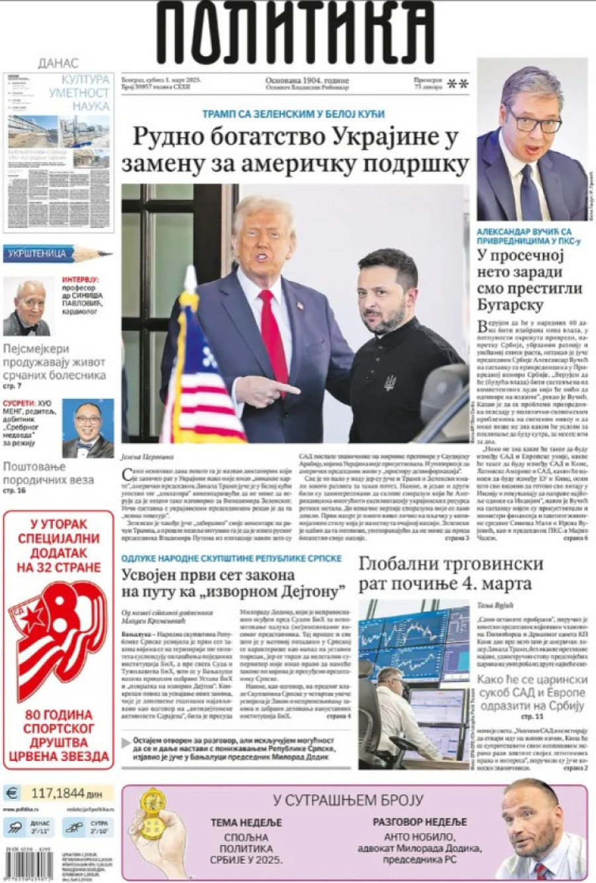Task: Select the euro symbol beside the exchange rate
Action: (12, 793)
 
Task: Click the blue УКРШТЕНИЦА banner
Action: (38, 254)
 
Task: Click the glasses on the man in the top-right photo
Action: (534, 122)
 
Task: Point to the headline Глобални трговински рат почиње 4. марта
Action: (450, 574)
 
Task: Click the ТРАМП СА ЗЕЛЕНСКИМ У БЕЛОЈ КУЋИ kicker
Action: (293, 114)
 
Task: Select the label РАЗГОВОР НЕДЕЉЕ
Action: (420, 822)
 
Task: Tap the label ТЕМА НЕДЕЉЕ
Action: (246, 823)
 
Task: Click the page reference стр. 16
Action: (14, 491)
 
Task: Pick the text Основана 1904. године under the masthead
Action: (307, 80)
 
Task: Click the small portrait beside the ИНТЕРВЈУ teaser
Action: (28, 306)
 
